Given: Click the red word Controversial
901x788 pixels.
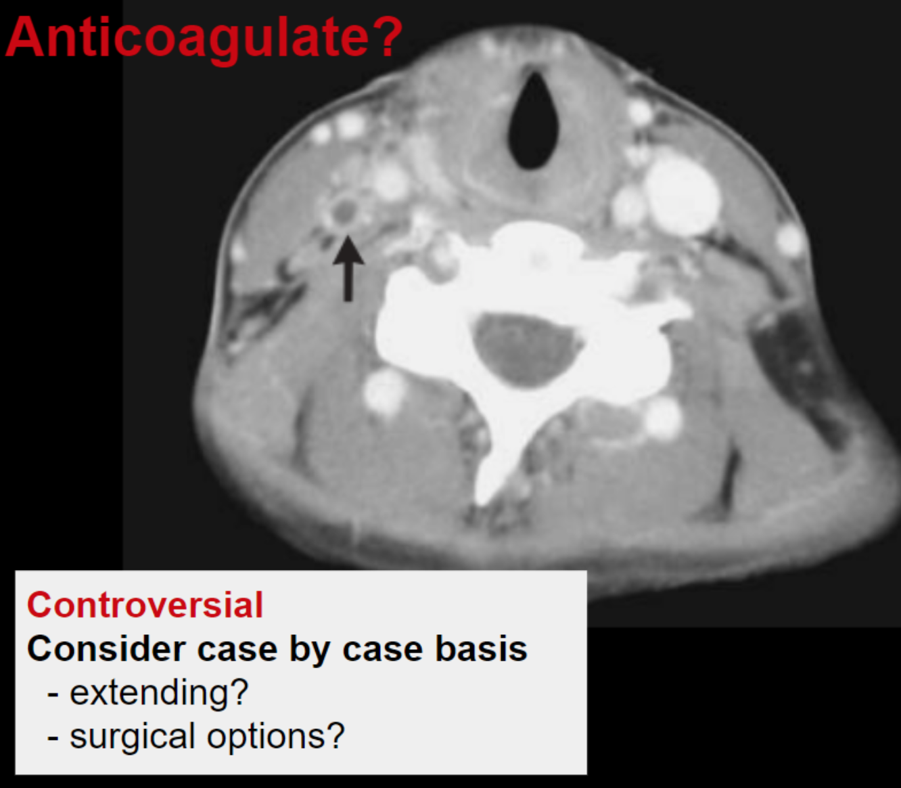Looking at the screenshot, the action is (x=145, y=605).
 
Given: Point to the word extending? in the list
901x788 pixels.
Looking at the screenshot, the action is (x=160, y=693).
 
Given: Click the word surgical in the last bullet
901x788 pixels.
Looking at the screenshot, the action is (x=132, y=737).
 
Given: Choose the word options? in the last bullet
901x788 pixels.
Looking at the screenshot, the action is (x=276, y=737).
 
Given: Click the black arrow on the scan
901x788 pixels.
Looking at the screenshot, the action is (x=348, y=268).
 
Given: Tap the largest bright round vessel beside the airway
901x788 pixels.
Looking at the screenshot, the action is (x=682, y=196).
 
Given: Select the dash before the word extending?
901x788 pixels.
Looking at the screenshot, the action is (x=53, y=695).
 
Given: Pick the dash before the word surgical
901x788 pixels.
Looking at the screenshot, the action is (x=53, y=739).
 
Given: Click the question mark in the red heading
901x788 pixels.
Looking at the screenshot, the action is (x=388, y=36).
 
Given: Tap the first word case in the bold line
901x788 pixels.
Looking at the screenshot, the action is (x=237, y=651).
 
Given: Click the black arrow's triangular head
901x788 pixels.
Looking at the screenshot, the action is (x=348, y=250).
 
